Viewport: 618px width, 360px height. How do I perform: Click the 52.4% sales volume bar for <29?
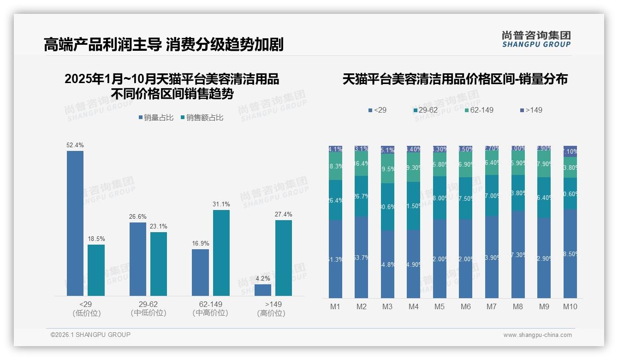(75, 223)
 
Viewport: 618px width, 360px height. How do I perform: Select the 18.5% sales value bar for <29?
(96, 270)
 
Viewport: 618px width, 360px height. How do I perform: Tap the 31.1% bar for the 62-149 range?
(221, 253)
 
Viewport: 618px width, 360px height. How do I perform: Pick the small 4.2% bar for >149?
(263, 290)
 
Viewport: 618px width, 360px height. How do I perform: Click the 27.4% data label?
(284, 214)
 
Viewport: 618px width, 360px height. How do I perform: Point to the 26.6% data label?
(138, 216)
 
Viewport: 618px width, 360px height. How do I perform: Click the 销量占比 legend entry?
(156, 118)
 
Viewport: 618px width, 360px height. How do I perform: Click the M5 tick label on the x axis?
(440, 306)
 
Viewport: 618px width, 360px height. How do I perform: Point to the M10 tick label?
(570, 306)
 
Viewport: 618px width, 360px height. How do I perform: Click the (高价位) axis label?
(271, 313)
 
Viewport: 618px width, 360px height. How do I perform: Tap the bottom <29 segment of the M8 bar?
(518, 255)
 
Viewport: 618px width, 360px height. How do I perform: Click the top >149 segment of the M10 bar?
(570, 151)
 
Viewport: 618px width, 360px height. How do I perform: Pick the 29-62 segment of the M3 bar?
(387, 207)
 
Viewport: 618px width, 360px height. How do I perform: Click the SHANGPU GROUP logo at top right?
(536, 39)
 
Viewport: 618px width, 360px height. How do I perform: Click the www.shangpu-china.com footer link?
(537, 335)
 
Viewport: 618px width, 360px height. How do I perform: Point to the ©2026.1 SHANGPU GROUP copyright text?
(90, 335)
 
